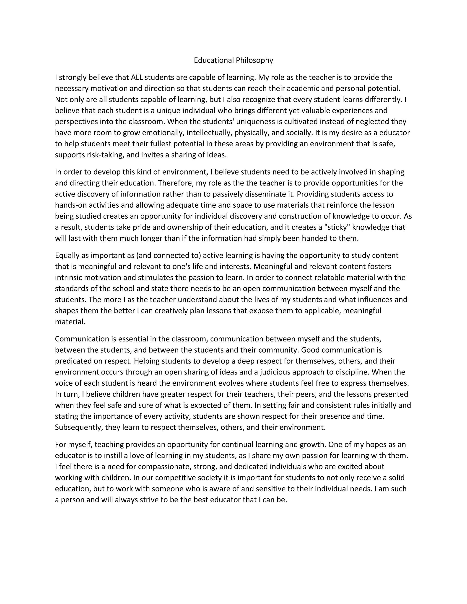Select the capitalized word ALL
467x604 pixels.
pyautogui.click(x=137, y=77)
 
